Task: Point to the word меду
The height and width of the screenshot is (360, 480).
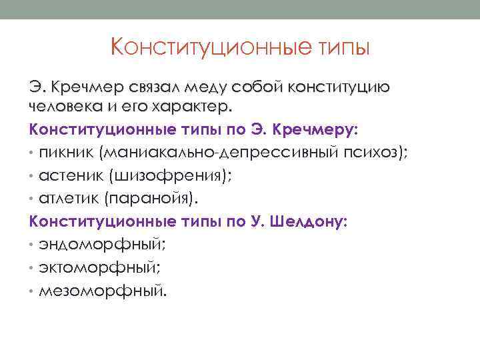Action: (223, 88)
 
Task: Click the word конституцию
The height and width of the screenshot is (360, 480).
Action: (341, 88)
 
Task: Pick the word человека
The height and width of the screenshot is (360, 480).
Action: (62, 106)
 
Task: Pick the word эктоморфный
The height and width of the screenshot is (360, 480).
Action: (100, 267)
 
